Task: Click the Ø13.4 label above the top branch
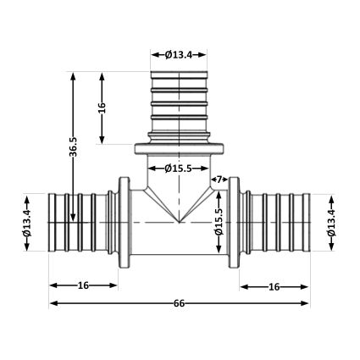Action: click(180, 55)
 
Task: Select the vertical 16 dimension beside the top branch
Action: click(102, 108)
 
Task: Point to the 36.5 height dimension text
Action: click(74, 147)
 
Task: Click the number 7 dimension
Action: click(218, 180)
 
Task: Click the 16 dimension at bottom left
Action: click(83, 286)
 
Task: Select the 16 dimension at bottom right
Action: click(274, 286)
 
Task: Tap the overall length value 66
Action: click(180, 302)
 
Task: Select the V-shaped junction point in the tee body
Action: click(179, 223)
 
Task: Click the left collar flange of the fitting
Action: click(125, 222)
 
